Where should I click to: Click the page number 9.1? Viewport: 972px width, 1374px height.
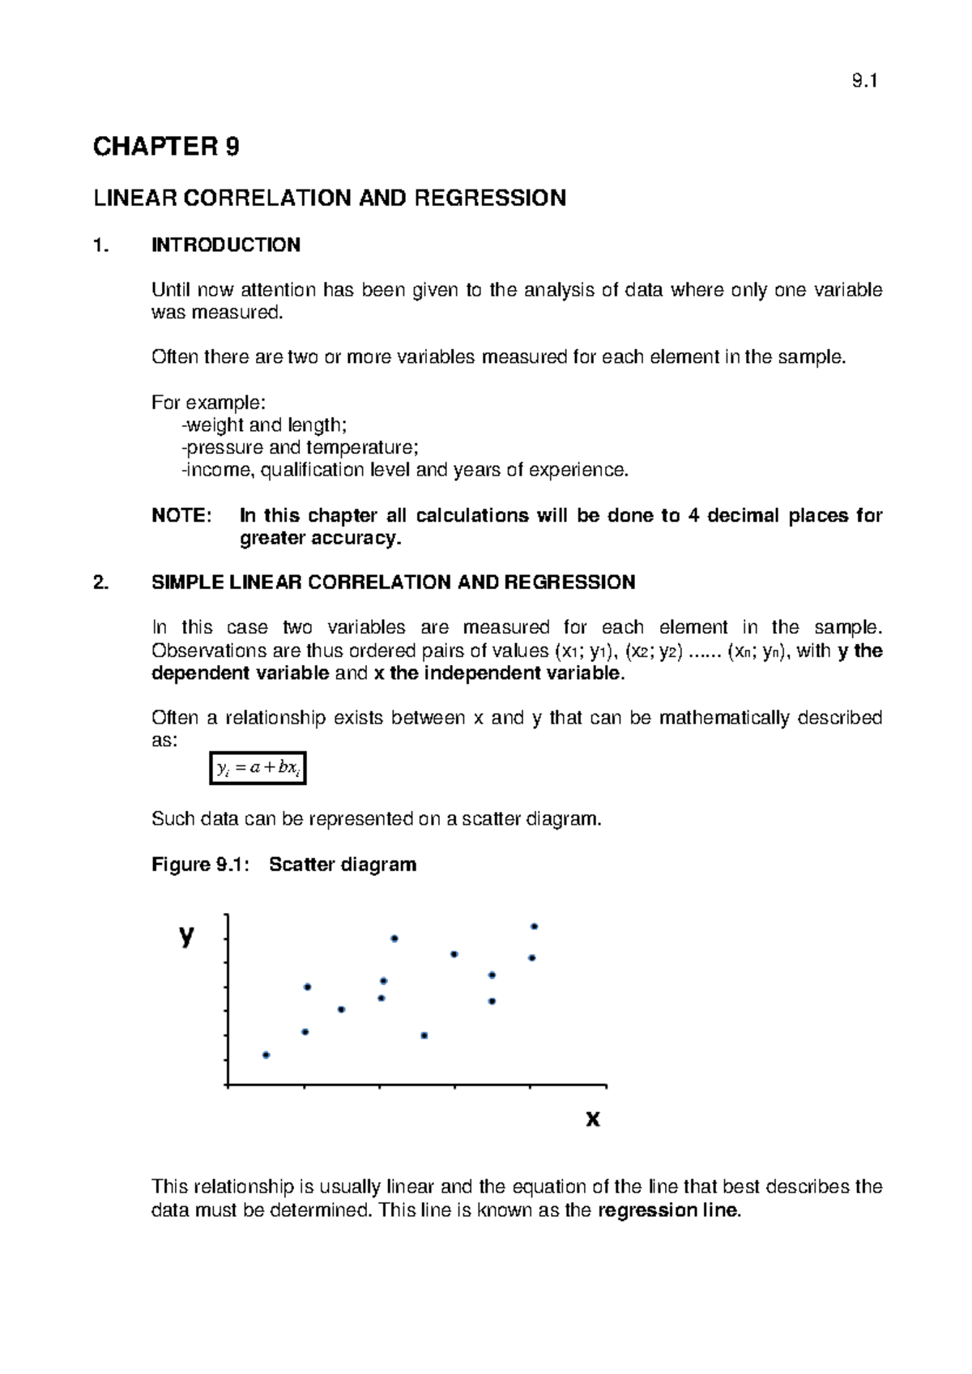pyautogui.click(x=864, y=81)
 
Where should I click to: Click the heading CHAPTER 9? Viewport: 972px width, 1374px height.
pyautogui.click(x=166, y=147)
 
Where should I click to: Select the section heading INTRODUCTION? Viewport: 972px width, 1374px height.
pyautogui.click(x=226, y=245)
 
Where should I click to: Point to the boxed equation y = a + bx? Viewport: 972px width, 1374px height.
pyautogui.click(x=257, y=768)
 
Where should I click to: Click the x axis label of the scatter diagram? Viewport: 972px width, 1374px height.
pyautogui.click(x=592, y=1119)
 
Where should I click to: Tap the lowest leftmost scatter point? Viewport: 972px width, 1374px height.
pyautogui.click(x=266, y=1055)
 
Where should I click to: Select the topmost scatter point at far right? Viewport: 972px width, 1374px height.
pyautogui.click(x=534, y=926)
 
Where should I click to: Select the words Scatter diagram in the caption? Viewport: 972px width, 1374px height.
pyautogui.click(x=343, y=864)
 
